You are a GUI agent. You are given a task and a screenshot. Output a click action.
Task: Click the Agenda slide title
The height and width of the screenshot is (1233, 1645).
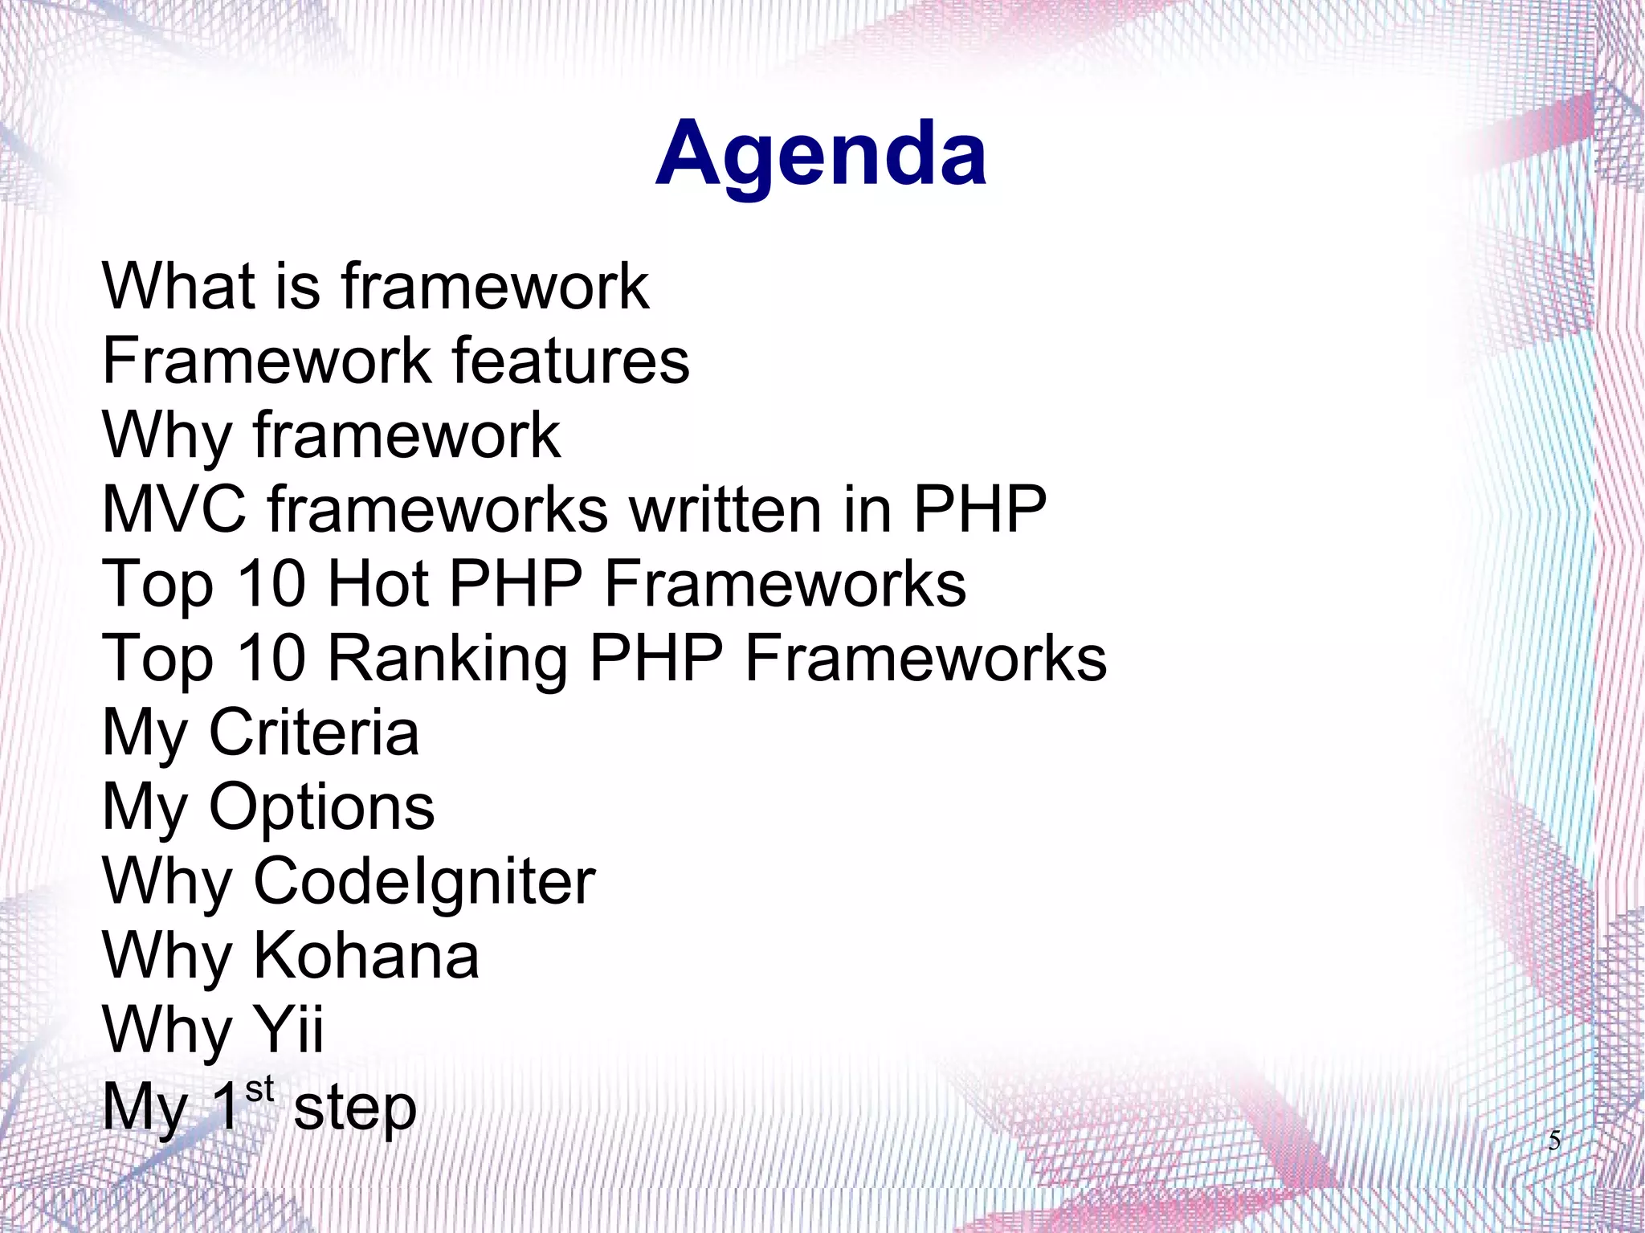(x=820, y=155)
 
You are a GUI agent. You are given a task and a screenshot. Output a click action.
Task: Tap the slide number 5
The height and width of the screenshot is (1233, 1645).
(x=1553, y=1140)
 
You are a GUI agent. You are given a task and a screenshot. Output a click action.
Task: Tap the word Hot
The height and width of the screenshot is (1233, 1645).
(x=378, y=583)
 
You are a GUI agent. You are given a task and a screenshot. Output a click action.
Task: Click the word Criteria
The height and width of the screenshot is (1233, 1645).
(x=313, y=733)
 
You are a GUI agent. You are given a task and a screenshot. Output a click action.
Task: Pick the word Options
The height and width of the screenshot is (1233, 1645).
(x=321, y=807)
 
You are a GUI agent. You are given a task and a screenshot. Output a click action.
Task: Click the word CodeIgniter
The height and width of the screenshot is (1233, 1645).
(x=424, y=882)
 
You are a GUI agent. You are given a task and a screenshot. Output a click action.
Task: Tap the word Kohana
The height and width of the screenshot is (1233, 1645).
(x=366, y=956)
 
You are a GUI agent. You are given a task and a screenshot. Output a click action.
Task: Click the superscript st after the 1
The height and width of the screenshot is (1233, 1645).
(x=259, y=1090)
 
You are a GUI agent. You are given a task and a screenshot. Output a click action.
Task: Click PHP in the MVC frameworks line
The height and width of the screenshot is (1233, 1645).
(x=979, y=509)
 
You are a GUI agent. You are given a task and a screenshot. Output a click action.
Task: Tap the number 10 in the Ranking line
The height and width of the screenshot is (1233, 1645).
(x=272, y=658)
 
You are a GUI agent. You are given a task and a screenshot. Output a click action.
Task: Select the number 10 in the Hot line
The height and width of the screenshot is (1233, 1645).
(x=272, y=583)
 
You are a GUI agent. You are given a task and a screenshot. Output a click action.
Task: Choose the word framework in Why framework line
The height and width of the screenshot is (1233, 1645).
(x=406, y=435)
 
